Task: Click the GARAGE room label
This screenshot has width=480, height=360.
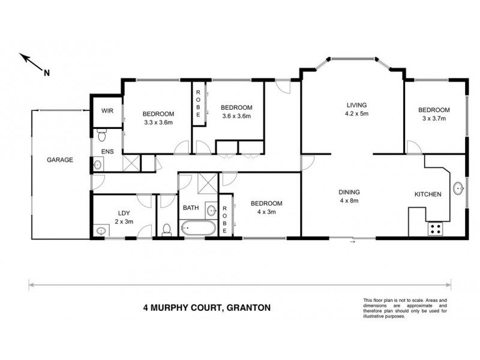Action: (60, 160)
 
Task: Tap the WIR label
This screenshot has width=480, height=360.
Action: (107, 111)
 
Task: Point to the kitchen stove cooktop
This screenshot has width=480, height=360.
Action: (434, 229)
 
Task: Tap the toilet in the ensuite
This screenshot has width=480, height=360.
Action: (101, 133)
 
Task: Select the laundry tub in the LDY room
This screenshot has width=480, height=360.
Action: (99, 230)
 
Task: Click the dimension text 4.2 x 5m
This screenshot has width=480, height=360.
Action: (356, 113)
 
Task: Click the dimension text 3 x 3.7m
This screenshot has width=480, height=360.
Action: (434, 119)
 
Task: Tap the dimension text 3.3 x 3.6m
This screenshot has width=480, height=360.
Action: (158, 123)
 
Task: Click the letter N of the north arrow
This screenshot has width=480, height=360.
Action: (46, 73)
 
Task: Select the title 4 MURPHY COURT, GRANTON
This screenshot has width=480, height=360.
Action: (206, 308)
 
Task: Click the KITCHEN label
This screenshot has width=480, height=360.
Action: (428, 194)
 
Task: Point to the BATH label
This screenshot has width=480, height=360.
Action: (190, 208)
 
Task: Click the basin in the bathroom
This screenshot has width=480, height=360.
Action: (211, 210)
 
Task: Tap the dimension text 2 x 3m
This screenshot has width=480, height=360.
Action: (124, 221)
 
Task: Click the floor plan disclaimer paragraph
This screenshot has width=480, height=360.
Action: (405, 308)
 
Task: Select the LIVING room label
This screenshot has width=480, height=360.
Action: (356, 104)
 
